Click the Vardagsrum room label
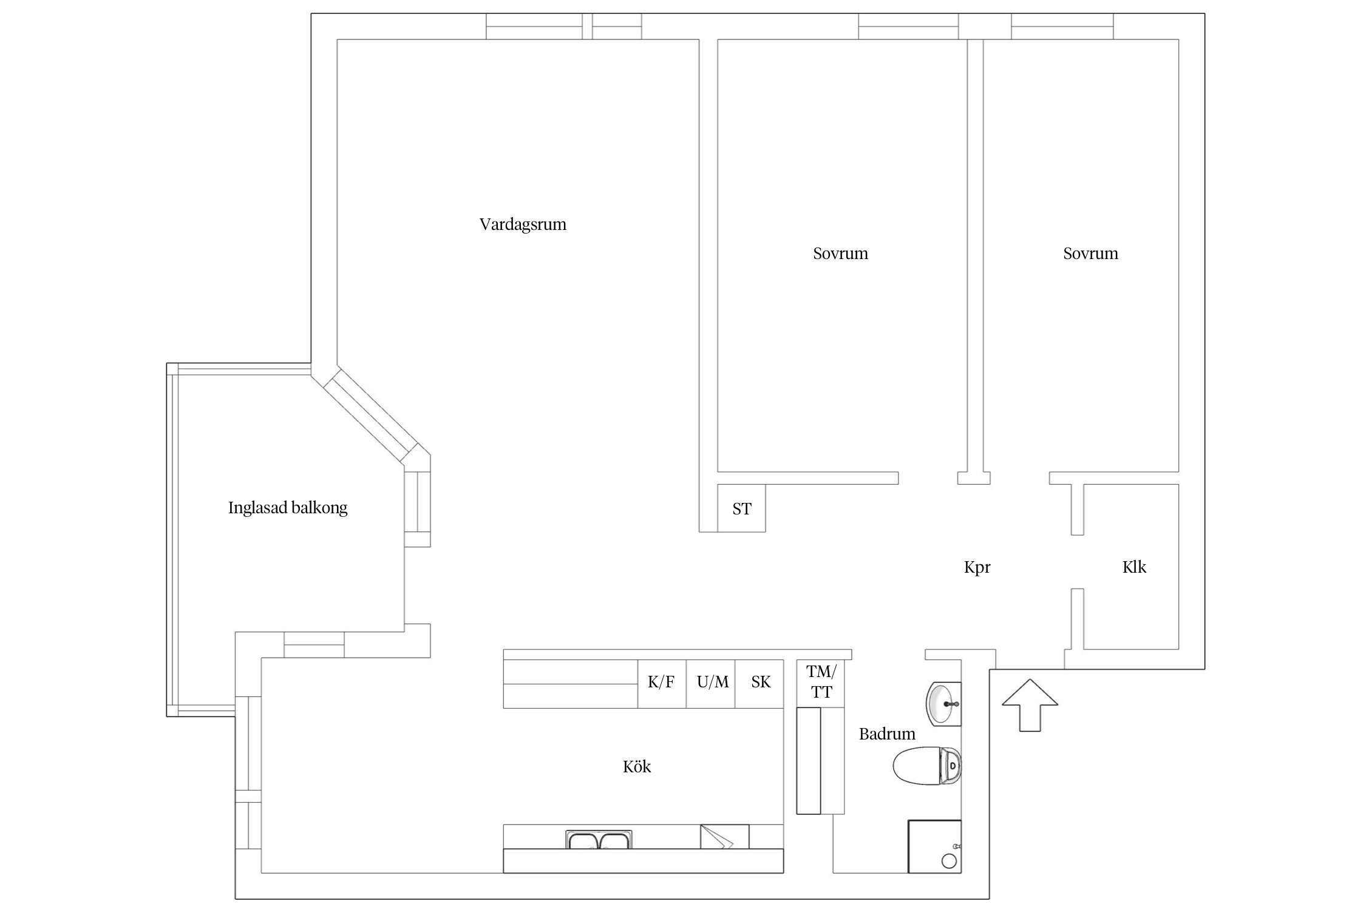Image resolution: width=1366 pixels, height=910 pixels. point(523,224)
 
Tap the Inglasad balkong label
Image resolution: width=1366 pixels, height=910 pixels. point(288,507)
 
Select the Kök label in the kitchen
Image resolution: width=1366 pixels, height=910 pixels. point(637,766)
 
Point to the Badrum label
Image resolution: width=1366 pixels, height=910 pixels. point(887,733)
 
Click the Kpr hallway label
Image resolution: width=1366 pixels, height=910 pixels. point(977,567)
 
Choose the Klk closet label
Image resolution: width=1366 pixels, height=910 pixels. point(1134,567)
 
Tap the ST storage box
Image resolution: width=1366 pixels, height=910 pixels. point(741,508)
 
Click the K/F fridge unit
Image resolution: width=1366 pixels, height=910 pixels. point(662,683)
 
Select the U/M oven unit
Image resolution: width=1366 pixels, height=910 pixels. point(711,683)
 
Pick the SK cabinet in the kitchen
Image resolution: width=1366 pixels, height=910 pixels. point(759,683)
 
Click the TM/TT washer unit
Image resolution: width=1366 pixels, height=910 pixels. point(821,683)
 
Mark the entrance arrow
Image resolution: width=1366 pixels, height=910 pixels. point(1030,705)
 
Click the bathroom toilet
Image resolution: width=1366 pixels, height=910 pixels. point(928,765)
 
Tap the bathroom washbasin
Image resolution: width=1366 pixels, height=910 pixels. point(943,704)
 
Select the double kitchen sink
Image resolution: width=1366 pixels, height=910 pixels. point(599,840)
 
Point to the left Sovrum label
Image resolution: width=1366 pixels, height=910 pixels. point(840,254)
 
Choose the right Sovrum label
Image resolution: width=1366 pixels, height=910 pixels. point(1090,254)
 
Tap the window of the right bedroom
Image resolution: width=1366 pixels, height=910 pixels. point(1062,27)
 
